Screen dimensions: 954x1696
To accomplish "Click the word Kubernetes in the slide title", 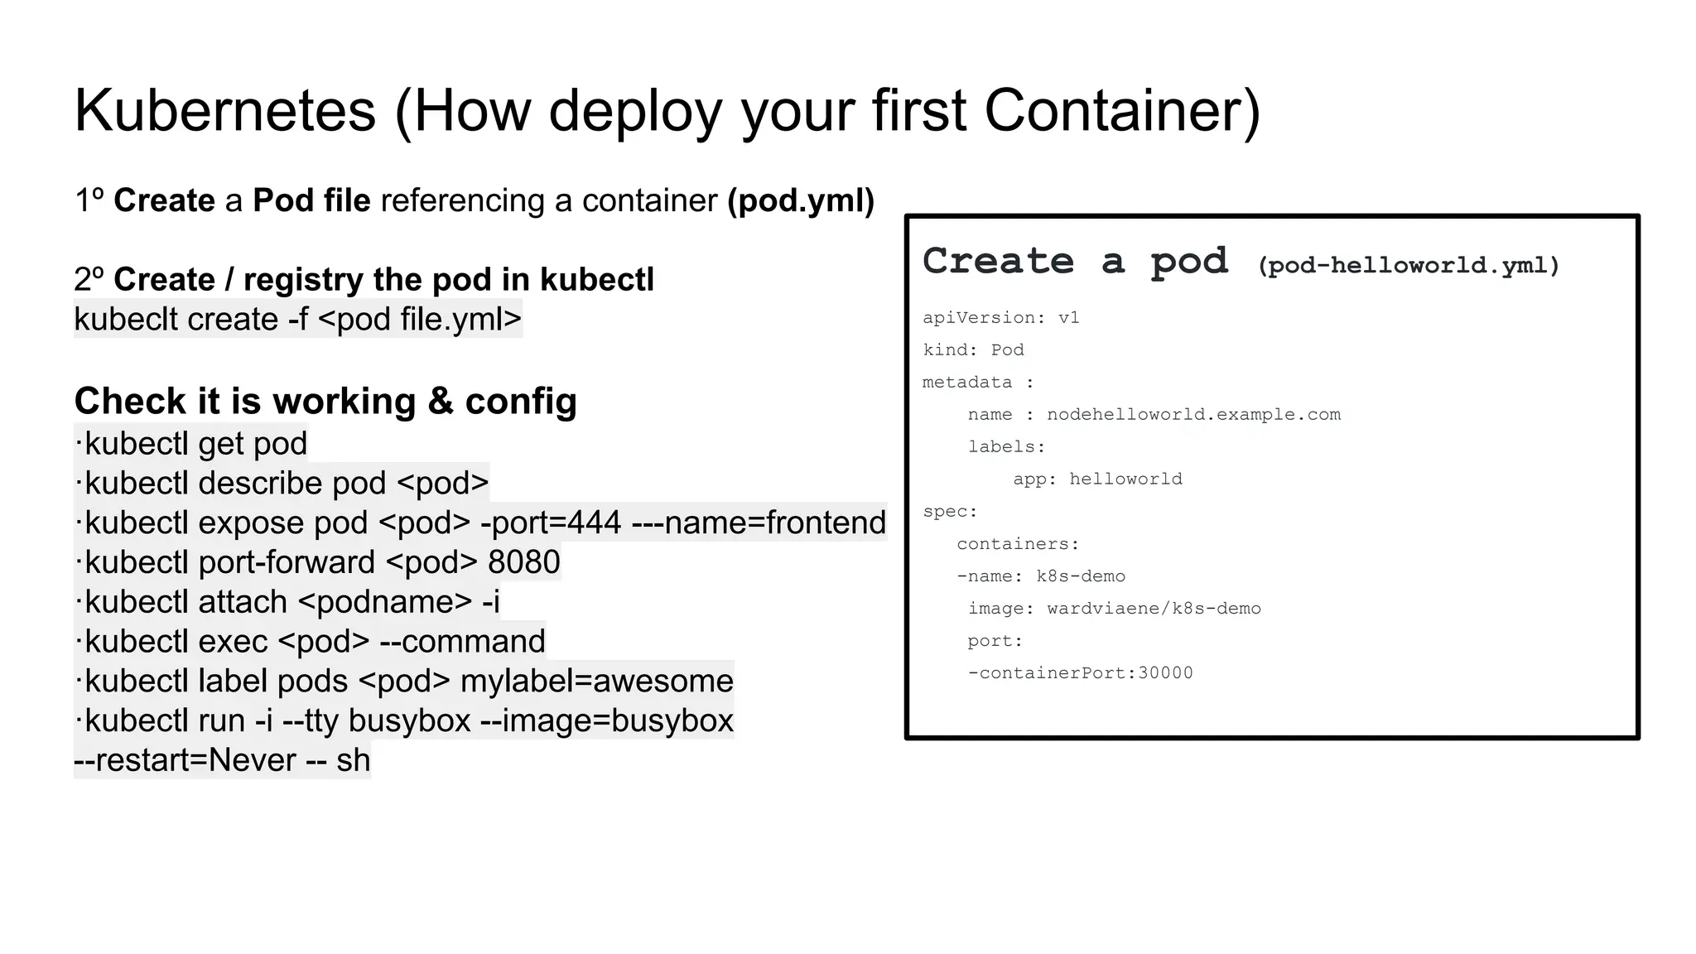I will coord(225,111).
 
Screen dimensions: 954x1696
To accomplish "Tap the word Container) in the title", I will coord(1122,111).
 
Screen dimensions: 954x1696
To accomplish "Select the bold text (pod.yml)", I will coord(801,200).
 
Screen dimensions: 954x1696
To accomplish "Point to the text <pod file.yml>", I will coord(419,320).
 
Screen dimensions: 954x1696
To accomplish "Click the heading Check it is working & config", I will coord(325,402).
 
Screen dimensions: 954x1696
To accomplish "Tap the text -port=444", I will coord(551,523).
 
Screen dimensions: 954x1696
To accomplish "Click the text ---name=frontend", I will coord(759,523).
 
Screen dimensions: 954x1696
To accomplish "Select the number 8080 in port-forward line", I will coord(524,562).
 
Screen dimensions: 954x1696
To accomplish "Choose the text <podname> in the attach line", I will coord(384,602).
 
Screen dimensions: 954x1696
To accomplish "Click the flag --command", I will coord(462,642).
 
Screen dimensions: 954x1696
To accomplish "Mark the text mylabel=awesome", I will coord(597,681).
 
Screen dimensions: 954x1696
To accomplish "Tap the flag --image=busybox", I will coord(607,720).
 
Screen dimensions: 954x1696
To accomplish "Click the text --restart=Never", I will coord(185,760).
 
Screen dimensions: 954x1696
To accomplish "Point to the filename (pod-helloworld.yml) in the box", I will coord(1409,266).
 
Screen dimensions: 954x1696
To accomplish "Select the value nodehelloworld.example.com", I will coord(1193,415).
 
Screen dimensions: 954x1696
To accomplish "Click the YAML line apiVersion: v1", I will coord(1001,318).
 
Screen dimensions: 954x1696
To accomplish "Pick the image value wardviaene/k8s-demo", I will coord(1154,609).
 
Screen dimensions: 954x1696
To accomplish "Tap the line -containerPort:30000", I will coord(1081,673).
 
